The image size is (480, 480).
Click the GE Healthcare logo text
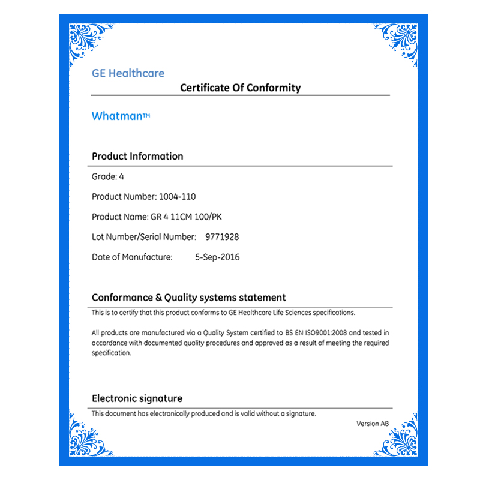pyautogui.click(x=128, y=73)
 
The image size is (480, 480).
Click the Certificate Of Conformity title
pyautogui.click(x=240, y=88)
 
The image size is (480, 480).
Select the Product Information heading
pyautogui.click(x=137, y=156)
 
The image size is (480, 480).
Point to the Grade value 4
pyautogui.click(x=121, y=176)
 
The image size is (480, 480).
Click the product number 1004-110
pyautogui.click(x=177, y=196)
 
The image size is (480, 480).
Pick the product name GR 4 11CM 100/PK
pyautogui.click(x=190, y=216)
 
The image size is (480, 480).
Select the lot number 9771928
pyautogui.click(x=222, y=236)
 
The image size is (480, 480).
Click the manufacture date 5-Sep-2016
pyautogui.click(x=217, y=257)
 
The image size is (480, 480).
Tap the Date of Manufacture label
pyautogui.click(x=132, y=257)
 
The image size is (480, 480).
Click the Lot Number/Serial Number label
pyautogui.click(x=144, y=236)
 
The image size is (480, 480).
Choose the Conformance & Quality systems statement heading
pyautogui.click(x=189, y=297)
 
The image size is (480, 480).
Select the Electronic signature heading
pyautogui.click(x=137, y=398)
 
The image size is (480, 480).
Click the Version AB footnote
pyautogui.click(x=373, y=424)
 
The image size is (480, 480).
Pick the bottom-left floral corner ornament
pyautogui.click(x=90, y=434)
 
